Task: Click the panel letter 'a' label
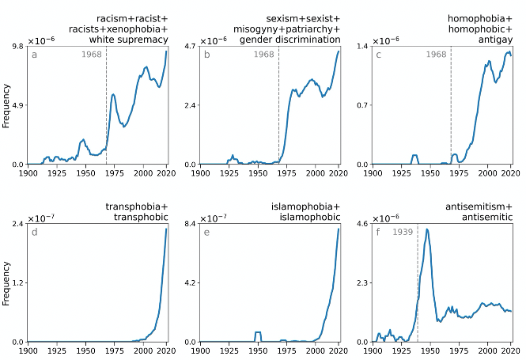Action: coord(35,55)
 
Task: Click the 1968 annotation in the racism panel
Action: coord(93,55)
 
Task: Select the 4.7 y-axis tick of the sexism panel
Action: coord(188,47)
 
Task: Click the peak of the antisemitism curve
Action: coord(427,229)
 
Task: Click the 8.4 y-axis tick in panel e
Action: coord(188,224)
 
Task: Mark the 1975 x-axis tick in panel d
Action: coord(115,350)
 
